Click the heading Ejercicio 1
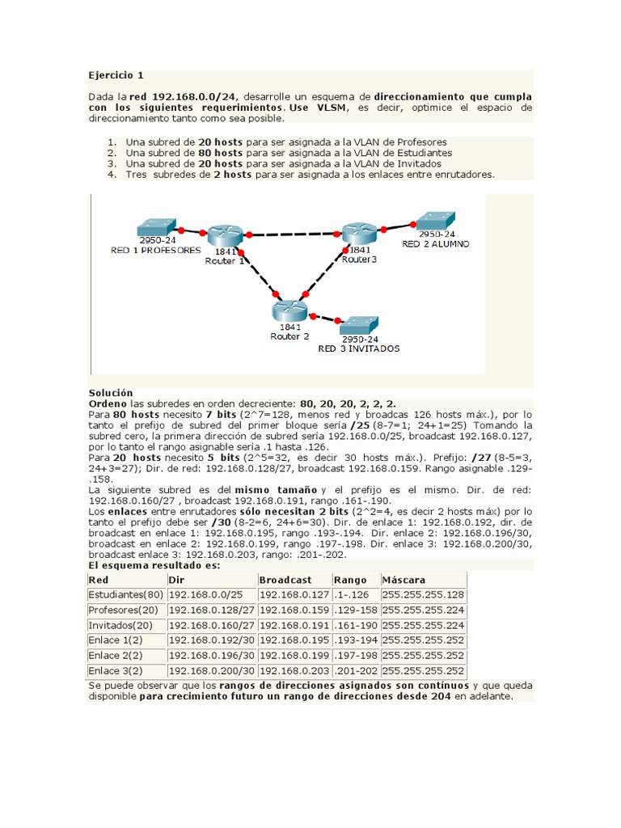pyautogui.click(x=116, y=75)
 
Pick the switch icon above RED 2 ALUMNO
pyautogui.click(x=434, y=221)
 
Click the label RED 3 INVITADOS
pyautogui.click(x=358, y=349)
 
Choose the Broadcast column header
pyautogui.click(x=285, y=580)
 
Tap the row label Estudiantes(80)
pyautogui.click(x=124, y=595)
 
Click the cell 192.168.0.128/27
pyautogui.click(x=212, y=610)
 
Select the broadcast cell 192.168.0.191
pyautogui.click(x=294, y=625)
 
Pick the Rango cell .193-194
pyautogui.click(x=355, y=640)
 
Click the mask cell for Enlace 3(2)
pyautogui.click(x=423, y=671)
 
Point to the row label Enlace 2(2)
pyautogui.click(x=116, y=656)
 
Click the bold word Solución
pyautogui.click(x=111, y=391)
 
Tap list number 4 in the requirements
pyautogui.click(x=111, y=174)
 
